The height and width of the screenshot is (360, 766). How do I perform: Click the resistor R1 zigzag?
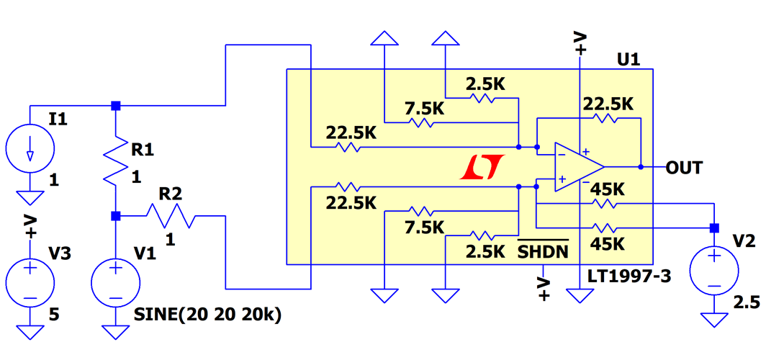tap(115, 164)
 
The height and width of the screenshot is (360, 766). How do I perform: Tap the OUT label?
tap(683, 168)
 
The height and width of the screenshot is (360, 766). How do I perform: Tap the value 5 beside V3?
tap(54, 315)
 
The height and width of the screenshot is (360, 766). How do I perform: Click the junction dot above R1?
tap(115, 106)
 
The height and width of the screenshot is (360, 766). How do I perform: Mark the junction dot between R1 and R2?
tap(115, 215)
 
